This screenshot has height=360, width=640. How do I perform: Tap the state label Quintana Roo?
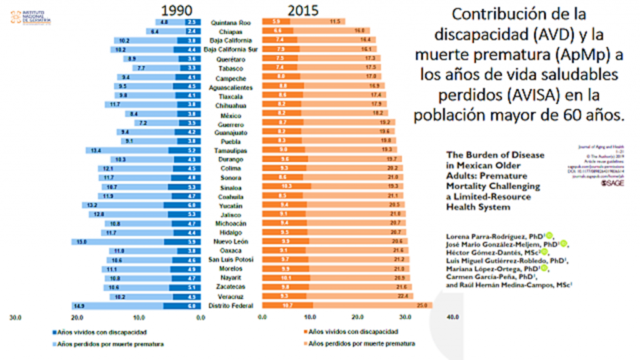click(227, 22)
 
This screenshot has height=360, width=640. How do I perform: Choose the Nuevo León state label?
click(228, 241)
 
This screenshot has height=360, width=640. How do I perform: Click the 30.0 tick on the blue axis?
click(16, 318)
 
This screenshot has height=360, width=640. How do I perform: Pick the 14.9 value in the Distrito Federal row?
click(80, 306)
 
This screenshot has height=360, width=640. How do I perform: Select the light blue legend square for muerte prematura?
click(54, 344)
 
